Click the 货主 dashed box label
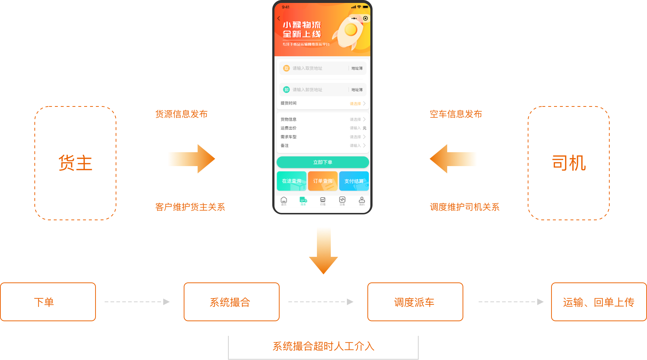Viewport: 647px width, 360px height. coord(75,163)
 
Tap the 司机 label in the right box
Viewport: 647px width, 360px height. coord(569,163)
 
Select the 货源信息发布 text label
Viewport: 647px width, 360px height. coord(182,114)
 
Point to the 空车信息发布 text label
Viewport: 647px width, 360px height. coord(456,114)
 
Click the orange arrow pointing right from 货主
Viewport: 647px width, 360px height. coord(191,159)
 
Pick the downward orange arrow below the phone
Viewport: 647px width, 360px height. coord(323,251)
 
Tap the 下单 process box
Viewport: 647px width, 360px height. coord(48,302)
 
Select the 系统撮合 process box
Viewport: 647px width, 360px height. coord(231,302)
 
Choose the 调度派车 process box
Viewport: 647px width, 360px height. coord(415,302)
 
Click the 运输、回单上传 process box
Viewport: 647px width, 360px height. coord(599,302)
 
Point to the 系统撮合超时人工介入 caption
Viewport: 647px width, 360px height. coord(323,346)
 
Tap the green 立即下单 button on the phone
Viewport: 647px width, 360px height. coord(323,162)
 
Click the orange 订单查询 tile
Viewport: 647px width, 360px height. coord(323,181)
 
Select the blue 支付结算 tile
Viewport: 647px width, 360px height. coord(354,181)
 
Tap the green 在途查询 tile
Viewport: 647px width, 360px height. coord(292,181)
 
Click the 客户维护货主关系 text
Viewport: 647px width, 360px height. coord(190,207)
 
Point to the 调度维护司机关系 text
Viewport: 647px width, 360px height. coord(464,207)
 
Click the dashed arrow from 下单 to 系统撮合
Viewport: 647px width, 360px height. coord(137,302)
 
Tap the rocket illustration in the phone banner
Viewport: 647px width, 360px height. coord(349,32)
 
